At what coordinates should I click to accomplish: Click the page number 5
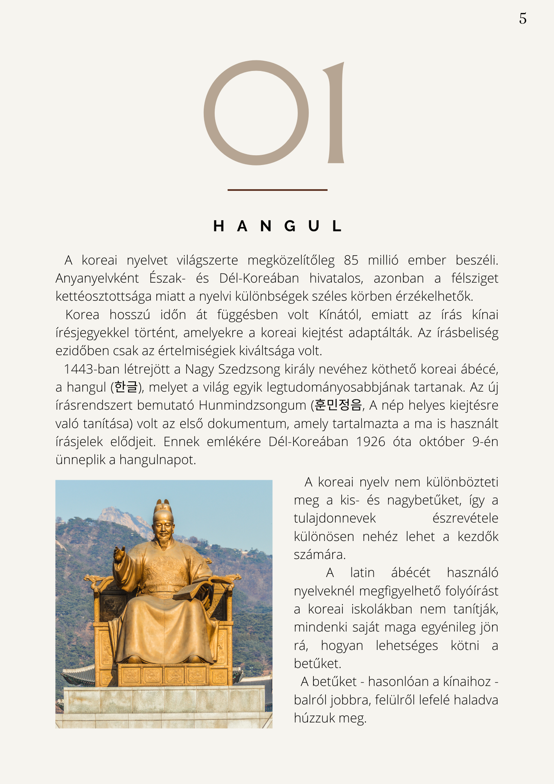pos(523,18)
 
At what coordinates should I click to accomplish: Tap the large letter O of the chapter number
pos(256,113)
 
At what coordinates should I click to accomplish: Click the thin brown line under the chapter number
pos(277,190)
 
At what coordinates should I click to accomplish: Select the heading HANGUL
pos(277,226)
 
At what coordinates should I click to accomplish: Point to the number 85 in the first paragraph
pos(351,260)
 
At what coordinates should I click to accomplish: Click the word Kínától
pos(340,315)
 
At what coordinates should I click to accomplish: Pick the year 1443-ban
pos(92,369)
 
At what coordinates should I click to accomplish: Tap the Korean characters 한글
pos(126,387)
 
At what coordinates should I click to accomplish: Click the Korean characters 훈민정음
pos(338,405)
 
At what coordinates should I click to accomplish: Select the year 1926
pos(371,442)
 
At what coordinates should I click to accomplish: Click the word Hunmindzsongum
pos(252,405)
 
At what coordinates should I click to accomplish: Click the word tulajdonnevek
pos(335,518)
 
